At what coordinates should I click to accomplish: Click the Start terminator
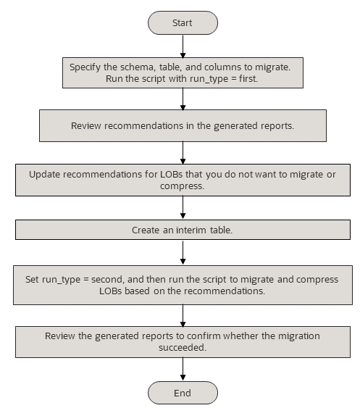(182, 22)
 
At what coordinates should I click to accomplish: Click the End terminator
(182, 393)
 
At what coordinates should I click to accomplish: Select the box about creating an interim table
(182, 230)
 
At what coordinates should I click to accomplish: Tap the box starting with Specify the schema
(182, 72)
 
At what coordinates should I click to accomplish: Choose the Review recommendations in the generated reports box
(182, 126)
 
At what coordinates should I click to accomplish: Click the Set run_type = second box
(182, 285)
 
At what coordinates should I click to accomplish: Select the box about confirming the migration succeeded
(182, 342)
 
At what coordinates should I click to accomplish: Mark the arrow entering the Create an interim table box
(183, 209)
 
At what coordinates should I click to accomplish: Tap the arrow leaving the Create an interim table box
(183, 252)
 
